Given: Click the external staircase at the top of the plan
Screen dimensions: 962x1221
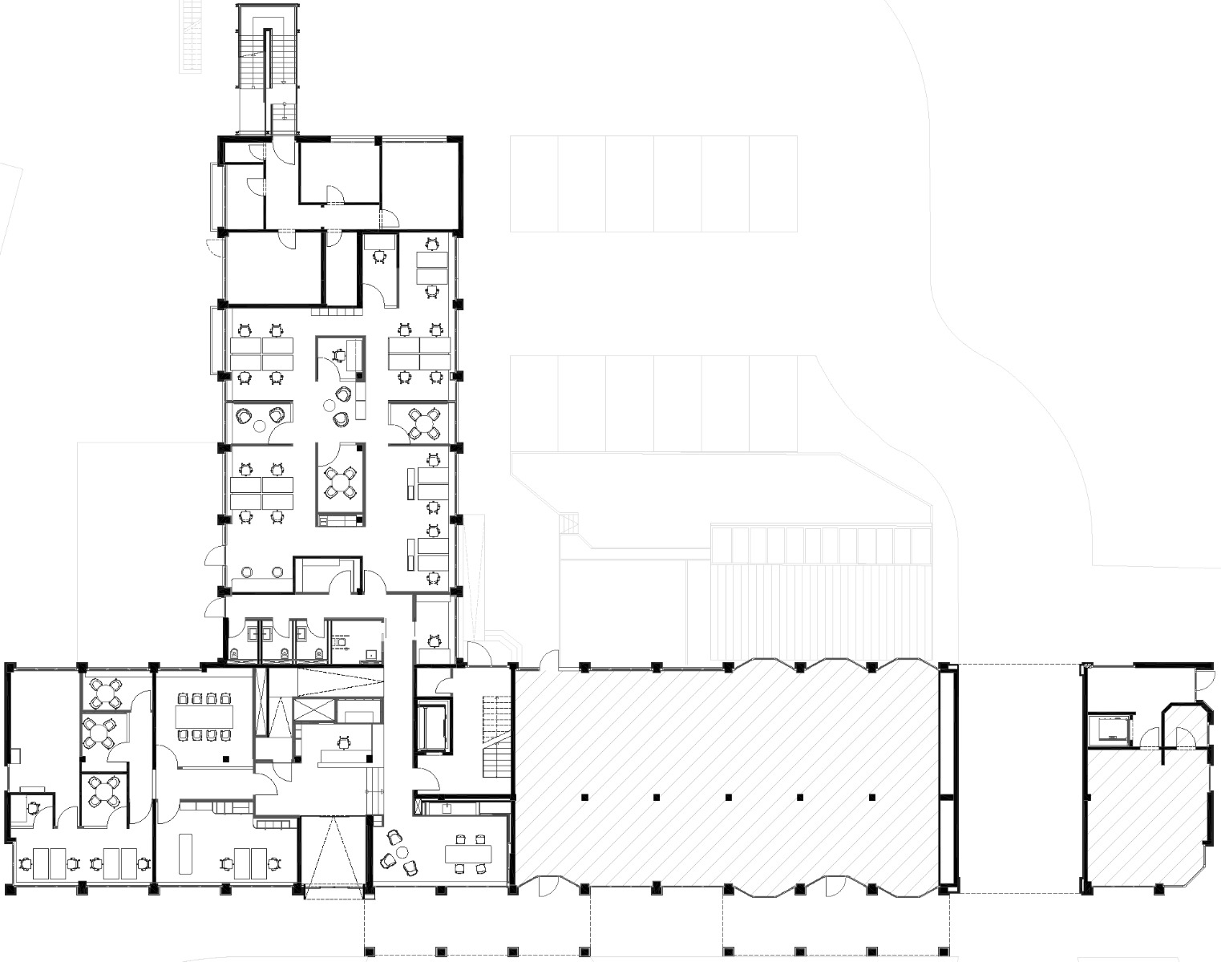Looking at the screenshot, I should click(269, 72).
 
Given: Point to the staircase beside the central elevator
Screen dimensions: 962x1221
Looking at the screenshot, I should click(496, 738).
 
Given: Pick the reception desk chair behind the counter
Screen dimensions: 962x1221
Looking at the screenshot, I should click(345, 742).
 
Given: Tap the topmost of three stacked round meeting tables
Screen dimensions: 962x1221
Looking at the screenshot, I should click(105, 694).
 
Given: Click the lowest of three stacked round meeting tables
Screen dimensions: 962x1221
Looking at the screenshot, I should click(104, 791).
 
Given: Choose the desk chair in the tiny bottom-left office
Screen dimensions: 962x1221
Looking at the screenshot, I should click(33, 808).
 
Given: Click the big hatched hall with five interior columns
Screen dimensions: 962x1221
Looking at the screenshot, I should click(726, 774).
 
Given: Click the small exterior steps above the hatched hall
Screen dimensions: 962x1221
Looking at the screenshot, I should click(568, 523).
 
